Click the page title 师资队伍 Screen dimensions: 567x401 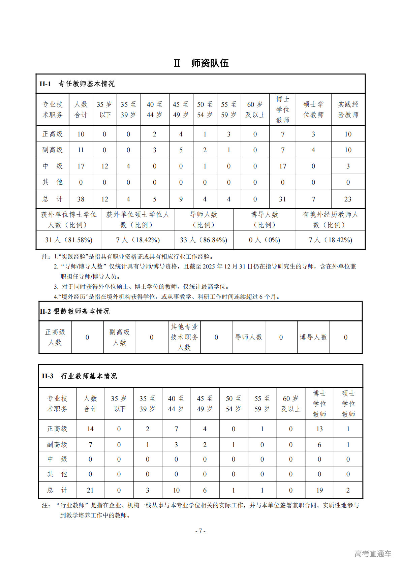coord(210,63)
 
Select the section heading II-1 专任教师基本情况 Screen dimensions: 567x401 coord(77,84)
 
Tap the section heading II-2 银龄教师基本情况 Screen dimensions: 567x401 coord(75,311)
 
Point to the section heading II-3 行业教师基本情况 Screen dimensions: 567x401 coord(80,376)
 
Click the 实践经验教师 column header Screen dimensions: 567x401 coord(348,109)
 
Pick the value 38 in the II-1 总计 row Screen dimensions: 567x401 coord(81,199)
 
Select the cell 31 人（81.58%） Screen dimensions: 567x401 coord(69,240)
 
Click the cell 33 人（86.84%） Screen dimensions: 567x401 coord(204,240)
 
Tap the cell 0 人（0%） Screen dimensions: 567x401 coord(265,240)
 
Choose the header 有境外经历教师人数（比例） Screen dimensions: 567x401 coord(330,219)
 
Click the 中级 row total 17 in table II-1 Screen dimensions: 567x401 coord(81,166)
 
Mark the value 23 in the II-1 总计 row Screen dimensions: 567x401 coord(348,199)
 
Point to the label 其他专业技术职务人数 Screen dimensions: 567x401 coord(184,337)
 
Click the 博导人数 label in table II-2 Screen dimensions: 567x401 coord(313,337)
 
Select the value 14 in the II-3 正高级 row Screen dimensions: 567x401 coord(90,429)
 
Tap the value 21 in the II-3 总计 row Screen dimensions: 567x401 coord(90,490)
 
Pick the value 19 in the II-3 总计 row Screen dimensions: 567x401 coord(319,490)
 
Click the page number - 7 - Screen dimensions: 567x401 coord(201,531)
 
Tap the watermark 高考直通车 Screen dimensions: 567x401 coord(373,553)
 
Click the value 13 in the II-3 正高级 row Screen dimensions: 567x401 coord(319,429)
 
